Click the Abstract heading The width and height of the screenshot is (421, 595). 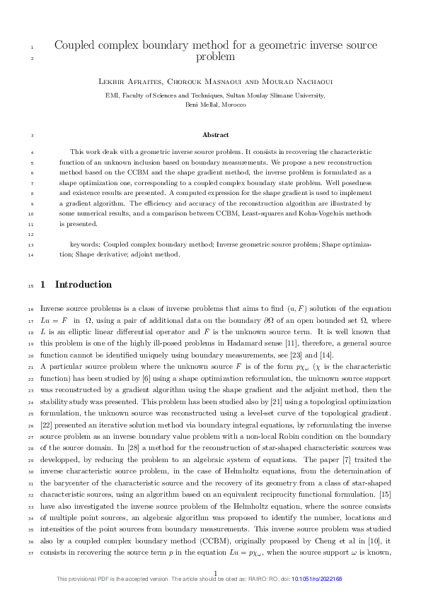click(215, 134)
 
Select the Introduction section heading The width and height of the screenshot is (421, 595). click(83, 285)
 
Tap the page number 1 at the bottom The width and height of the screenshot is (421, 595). click(215, 572)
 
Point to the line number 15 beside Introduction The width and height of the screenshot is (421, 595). click(28, 285)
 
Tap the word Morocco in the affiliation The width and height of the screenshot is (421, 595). click(233, 104)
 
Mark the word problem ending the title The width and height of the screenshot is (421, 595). click(215, 58)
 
